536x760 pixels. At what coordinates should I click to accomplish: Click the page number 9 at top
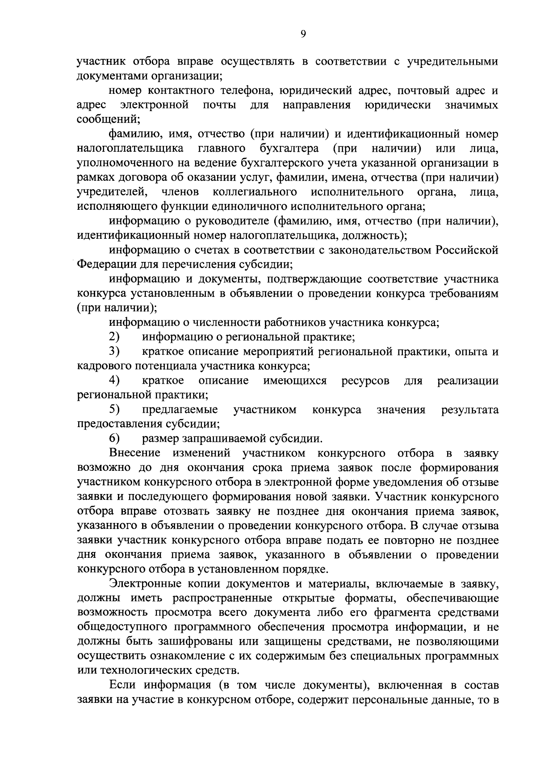pos(303,34)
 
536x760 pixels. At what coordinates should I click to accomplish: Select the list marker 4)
pos(115,380)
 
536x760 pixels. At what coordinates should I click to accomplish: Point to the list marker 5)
pos(115,409)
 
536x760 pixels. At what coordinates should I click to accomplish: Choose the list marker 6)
pos(115,438)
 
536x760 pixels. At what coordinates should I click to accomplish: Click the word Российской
pos(467,249)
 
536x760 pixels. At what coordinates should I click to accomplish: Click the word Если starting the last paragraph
pos(121,685)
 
